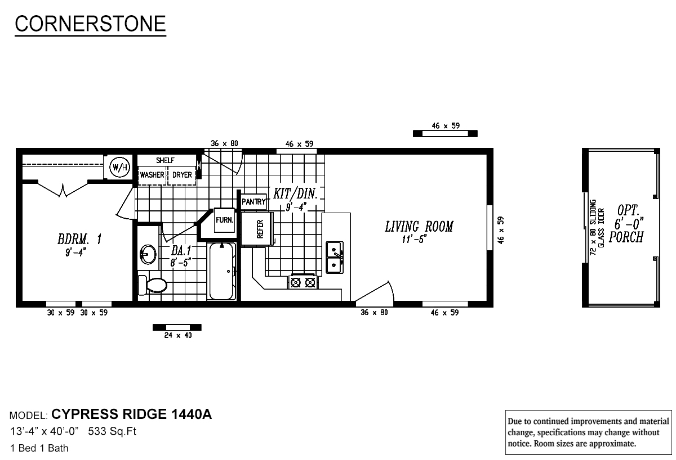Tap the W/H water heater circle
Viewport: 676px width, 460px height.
(118, 166)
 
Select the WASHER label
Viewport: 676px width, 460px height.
(152, 175)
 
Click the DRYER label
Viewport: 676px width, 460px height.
(182, 175)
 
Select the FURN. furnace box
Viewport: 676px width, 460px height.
(224, 220)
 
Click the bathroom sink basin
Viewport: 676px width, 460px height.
(148, 254)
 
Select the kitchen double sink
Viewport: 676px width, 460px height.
(335, 257)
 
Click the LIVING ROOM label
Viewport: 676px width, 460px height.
(419, 227)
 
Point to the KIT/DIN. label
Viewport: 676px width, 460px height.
(296, 194)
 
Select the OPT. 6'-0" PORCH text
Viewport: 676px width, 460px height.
(628, 224)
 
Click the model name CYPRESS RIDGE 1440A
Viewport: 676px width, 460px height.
(131, 415)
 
